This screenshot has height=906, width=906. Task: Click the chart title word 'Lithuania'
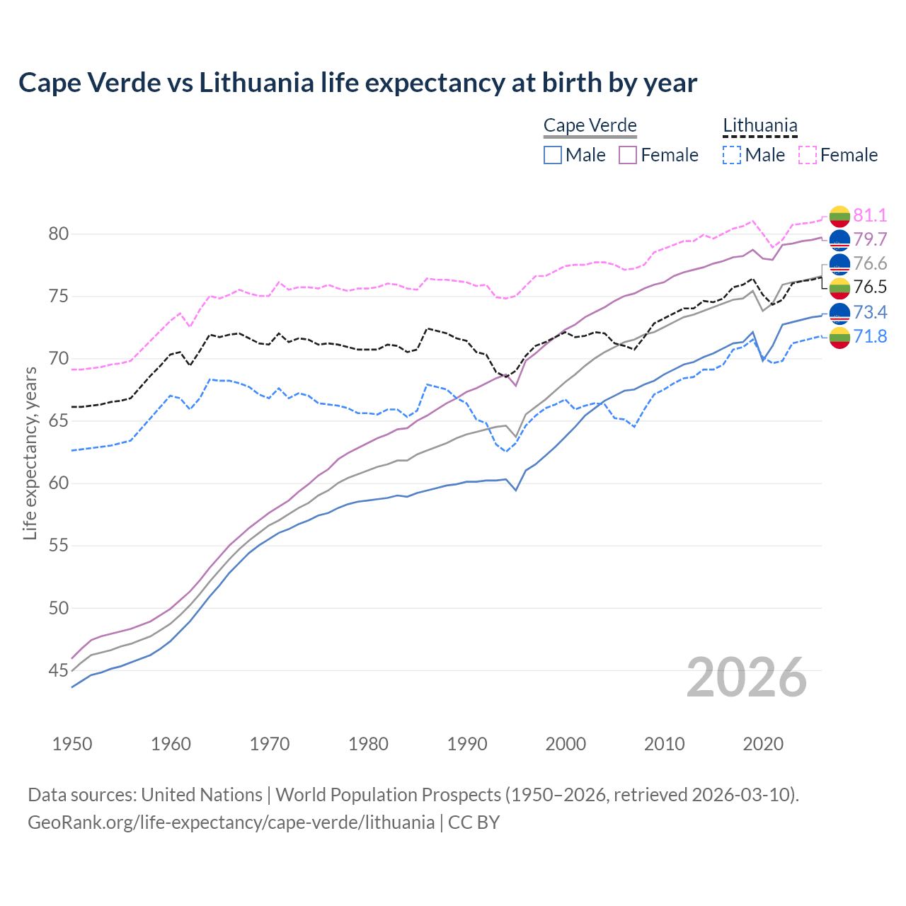tap(256, 83)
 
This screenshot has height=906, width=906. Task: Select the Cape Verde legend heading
tap(590, 126)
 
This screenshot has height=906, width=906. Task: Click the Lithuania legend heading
tap(759, 126)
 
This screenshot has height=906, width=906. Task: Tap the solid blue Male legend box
tap(553, 155)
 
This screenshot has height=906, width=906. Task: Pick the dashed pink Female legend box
tap(808, 155)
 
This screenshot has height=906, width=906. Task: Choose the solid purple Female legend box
tap(628, 155)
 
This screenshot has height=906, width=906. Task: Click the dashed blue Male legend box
tap(732, 155)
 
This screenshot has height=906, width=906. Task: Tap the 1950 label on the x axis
tap(72, 744)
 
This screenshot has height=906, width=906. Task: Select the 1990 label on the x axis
tap(467, 744)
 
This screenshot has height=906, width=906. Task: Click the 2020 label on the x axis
tap(763, 744)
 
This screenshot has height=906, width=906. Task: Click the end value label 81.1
tap(870, 216)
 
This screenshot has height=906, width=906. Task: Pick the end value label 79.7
tap(870, 239)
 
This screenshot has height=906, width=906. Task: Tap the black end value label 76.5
tap(870, 287)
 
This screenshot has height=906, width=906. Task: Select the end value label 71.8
tap(870, 336)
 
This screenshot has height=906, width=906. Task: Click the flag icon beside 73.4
tap(839, 313)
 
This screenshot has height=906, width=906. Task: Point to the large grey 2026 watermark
tap(746, 677)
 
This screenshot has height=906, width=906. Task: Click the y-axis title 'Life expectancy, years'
tap(30, 453)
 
